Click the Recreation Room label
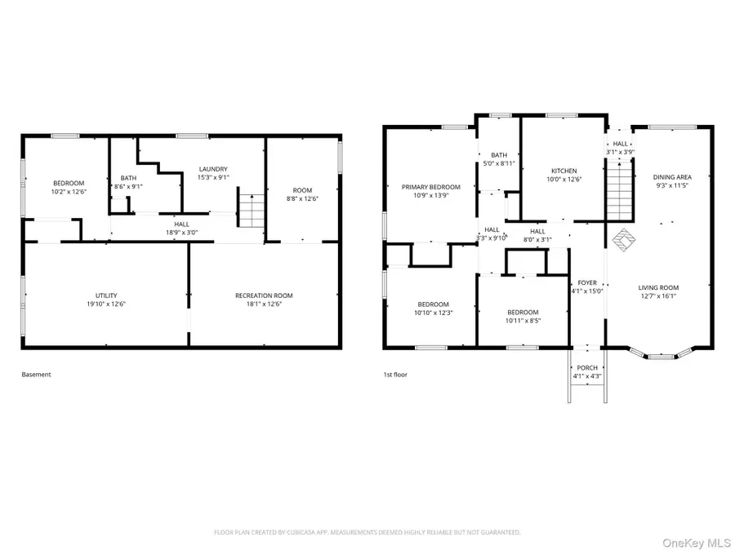(264, 295)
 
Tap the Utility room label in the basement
(106, 295)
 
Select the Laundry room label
(213, 169)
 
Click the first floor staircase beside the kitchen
(620, 190)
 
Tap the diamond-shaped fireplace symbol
(624, 240)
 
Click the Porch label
(587, 368)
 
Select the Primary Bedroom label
(431, 187)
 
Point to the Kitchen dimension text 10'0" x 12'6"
(563, 179)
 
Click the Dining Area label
(672, 177)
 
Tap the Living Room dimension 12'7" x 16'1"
(658, 296)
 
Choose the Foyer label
(587, 283)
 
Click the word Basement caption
(36, 375)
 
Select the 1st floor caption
(395, 375)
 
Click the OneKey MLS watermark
(697, 543)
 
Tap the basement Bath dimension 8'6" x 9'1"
(128, 186)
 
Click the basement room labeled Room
(302, 190)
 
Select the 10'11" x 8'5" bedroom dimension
(523, 321)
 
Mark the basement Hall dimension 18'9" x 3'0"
(182, 233)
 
